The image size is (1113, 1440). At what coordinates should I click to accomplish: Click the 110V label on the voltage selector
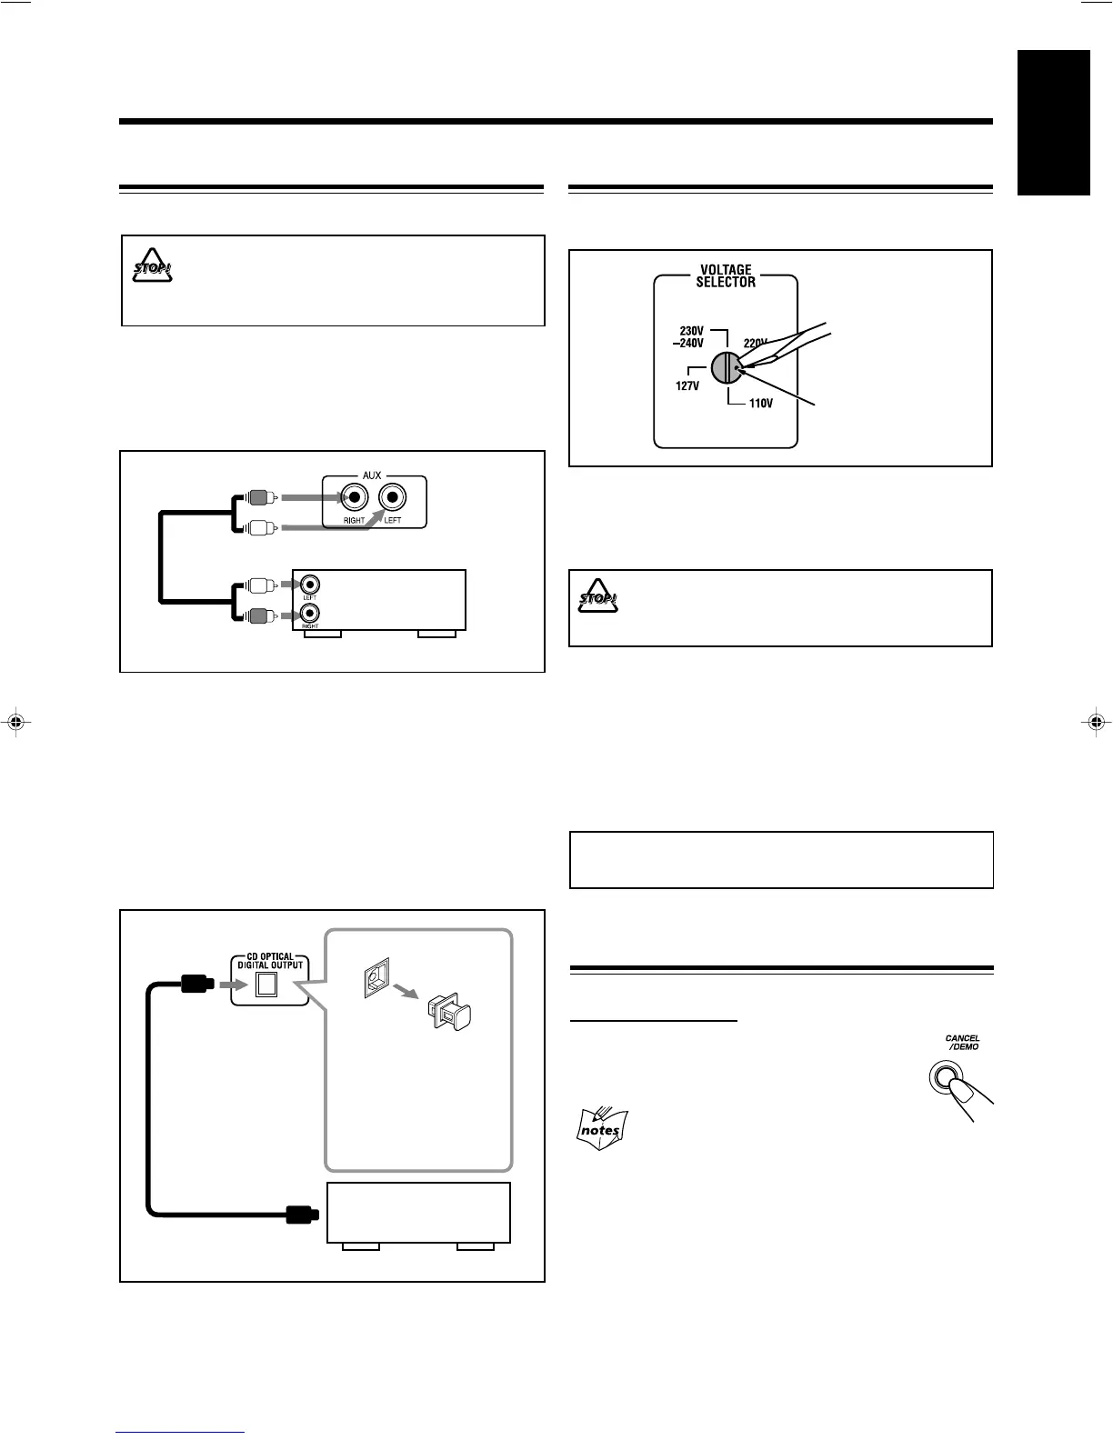[760, 404]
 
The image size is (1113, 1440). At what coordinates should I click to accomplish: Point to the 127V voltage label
[687, 385]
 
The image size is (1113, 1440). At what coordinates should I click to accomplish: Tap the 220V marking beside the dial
[756, 344]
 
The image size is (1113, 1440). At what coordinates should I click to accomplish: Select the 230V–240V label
[691, 337]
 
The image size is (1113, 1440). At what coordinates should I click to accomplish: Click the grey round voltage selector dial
[727, 368]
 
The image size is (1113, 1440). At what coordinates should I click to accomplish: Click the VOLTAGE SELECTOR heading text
[726, 275]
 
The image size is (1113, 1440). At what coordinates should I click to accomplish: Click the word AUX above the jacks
[372, 475]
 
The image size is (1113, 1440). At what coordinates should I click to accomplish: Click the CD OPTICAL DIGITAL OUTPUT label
[270, 960]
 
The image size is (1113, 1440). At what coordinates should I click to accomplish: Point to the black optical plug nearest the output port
[196, 984]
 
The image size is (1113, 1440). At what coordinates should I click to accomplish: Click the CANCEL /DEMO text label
[962, 1043]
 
